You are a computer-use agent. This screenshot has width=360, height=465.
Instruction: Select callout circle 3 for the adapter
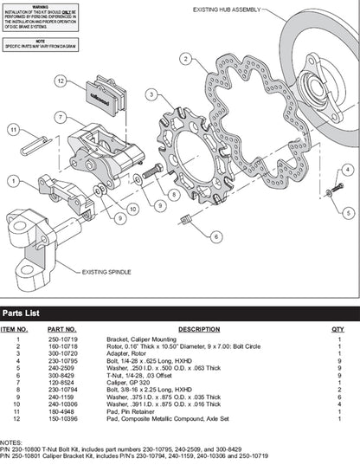(150, 94)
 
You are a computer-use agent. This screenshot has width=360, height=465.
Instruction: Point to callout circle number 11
(13, 132)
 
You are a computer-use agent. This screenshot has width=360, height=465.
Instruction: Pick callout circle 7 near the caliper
(60, 117)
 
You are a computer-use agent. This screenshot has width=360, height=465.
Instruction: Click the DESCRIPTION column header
(199, 330)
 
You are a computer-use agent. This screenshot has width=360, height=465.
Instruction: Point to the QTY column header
(337, 330)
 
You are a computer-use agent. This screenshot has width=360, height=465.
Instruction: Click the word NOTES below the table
(11, 441)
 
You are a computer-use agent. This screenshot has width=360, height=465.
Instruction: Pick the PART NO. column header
(61, 330)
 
